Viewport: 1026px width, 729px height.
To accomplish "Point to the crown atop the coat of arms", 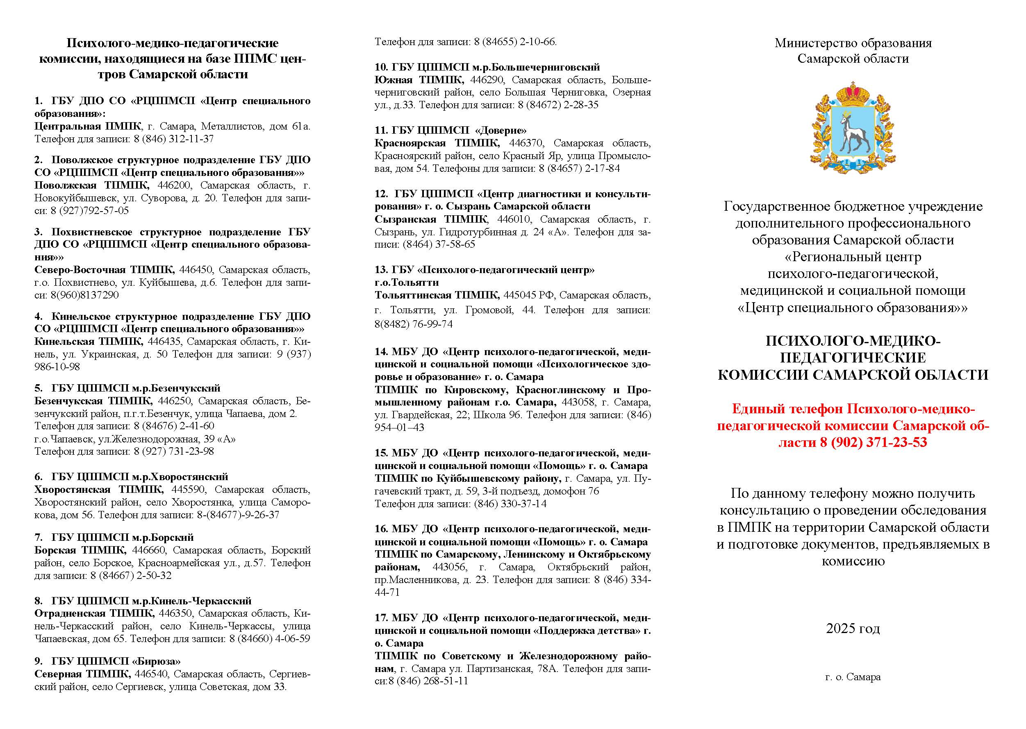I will (x=852, y=93).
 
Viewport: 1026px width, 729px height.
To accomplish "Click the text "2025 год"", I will (x=853, y=629).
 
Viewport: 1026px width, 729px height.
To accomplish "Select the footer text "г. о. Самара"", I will (x=853, y=690).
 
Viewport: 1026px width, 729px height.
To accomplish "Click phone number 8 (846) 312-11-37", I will (x=174, y=139).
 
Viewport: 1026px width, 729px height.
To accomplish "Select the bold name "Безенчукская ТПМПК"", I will (x=93, y=401).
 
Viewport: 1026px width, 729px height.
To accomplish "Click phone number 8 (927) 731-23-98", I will (x=174, y=451).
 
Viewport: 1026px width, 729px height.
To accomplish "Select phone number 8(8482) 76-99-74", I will (x=413, y=324).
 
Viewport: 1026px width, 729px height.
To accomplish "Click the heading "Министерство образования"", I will (x=853, y=43).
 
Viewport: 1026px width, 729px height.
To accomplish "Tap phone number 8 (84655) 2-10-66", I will (x=514, y=42).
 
